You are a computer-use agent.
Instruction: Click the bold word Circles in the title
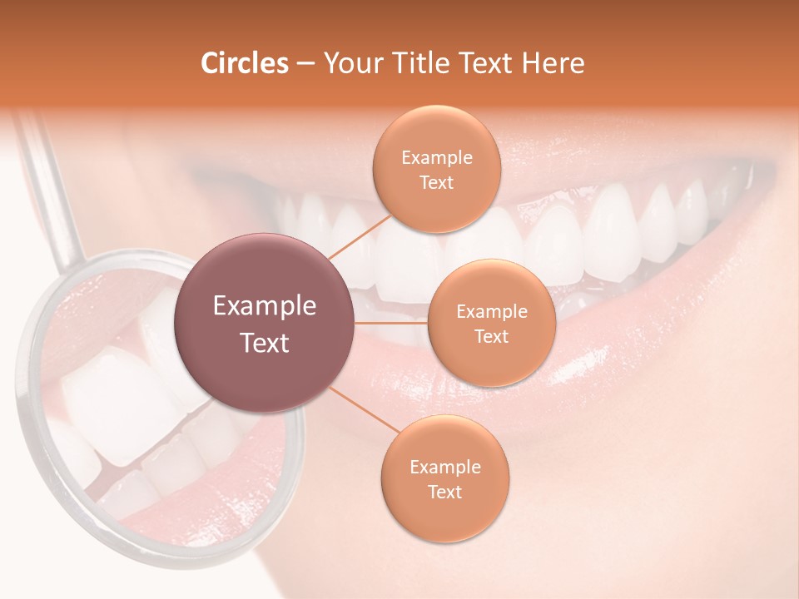[245, 63]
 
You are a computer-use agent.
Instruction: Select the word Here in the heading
[554, 63]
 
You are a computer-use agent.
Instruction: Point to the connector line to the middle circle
[391, 322]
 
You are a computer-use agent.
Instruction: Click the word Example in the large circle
[265, 306]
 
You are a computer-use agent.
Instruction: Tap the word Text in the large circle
[265, 343]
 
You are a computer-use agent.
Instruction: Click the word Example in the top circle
[436, 158]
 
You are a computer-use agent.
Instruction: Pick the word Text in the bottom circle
[444, 492]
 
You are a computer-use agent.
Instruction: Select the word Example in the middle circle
[491, 312]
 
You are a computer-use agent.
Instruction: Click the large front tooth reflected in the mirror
[117, 399]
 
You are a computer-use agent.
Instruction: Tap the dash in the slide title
[305, 64]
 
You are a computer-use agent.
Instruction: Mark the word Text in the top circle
[436, 182]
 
